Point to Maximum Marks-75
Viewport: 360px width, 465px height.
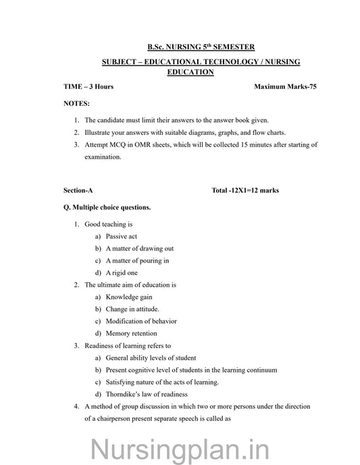(286, 88)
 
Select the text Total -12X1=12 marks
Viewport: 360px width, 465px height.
(245, 190)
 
